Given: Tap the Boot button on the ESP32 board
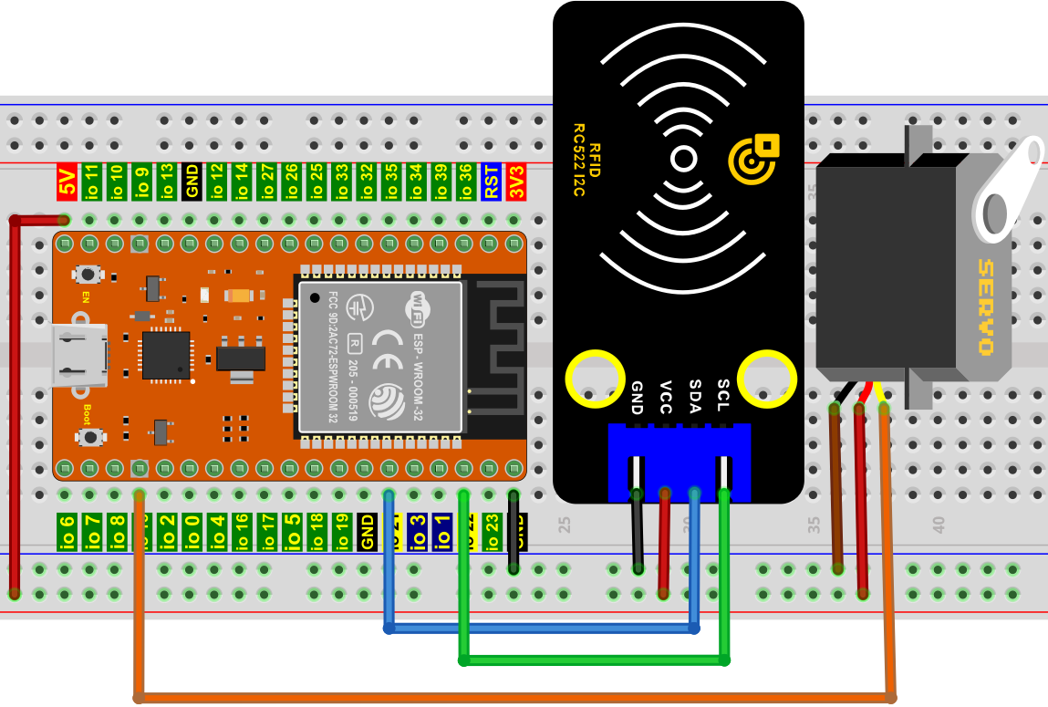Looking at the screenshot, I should [90, 438].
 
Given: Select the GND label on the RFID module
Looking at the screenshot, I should [638, 397].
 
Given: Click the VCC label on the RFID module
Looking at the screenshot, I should [666, 397].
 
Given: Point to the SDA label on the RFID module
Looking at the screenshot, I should [695, 397].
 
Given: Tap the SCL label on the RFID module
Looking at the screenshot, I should [723, 397].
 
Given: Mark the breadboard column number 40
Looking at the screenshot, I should [939, 524].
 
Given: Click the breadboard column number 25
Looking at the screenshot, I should [565, 524].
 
